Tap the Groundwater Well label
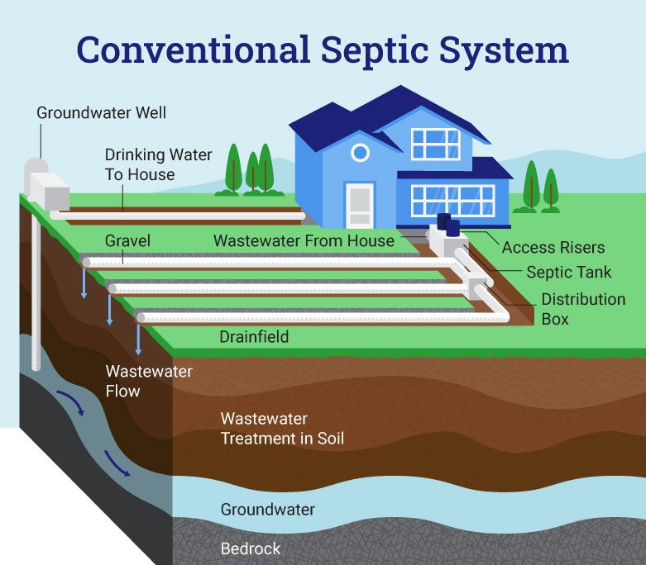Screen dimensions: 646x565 pyautogui.click(x=102, y=113)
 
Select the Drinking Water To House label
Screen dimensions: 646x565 pyautogui.click(x=158, y=164)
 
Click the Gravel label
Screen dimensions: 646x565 pyautogui.click(x=127, y=240)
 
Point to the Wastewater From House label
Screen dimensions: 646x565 pyautogui.click(x=304, y=240)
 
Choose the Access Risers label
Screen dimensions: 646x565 pyautogui.click(x=553, y=247)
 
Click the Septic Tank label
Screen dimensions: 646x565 pyautogui.click(x=569, y=272)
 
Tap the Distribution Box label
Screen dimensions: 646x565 pyautogui.click(x=583, y=309)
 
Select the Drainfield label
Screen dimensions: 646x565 pyautogui.click(x=254, y=337)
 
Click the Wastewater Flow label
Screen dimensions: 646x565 pyautogui.click(x=149, y=381)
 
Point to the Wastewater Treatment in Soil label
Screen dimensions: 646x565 pyautogui.click(x=282, y=429)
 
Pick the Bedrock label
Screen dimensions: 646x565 pyautogui.click(x=251, y=548)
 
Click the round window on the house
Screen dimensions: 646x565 pyautogui.click(x=360, y=153)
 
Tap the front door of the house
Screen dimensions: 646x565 pyautogui.click(x=360, y=206)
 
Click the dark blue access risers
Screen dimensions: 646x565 pyautogui.click(x=448, y=225)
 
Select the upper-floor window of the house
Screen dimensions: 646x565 pyautogui.click(x=435, y=144)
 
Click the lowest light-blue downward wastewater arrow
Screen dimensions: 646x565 pyautogui.click(x=138, y=339)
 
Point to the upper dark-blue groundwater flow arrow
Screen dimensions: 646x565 pyautogui.click(x=71, y=402)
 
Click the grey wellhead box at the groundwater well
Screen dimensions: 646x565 pyautogui.click(x=50, y=192)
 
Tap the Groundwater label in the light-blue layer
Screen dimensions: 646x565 pyautogui.click(x=268, y=510)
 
